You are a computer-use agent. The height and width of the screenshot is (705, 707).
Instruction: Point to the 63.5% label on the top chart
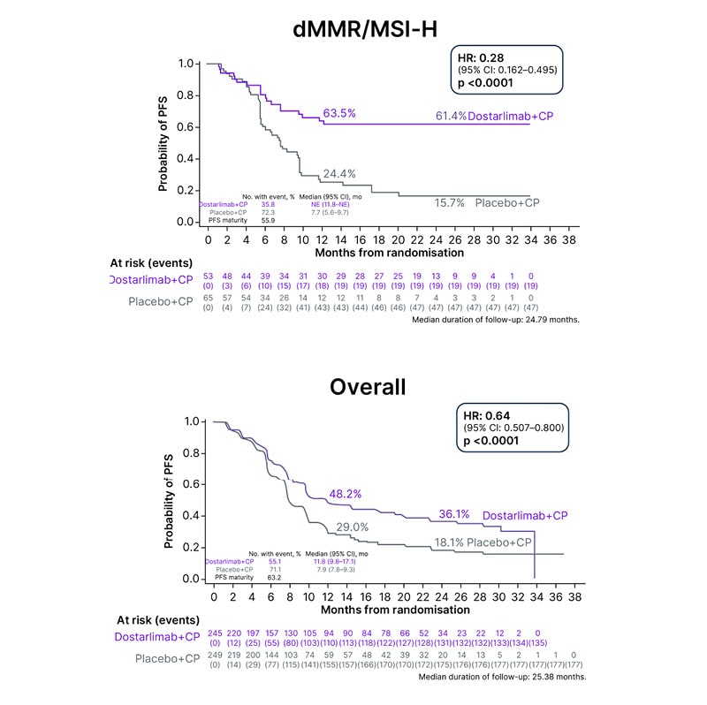click(339, 113)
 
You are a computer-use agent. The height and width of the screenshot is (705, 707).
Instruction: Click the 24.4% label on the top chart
click(339, 173)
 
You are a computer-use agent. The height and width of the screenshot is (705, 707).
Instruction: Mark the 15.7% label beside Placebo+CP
click(450, 202)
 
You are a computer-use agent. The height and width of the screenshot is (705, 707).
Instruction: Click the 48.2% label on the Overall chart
click(345, 494)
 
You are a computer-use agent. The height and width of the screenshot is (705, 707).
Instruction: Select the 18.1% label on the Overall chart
click(449, 542)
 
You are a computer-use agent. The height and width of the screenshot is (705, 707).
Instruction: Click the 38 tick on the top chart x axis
click(570, 239)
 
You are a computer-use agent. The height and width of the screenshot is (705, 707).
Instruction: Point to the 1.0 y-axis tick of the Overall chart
click(191, 421)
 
